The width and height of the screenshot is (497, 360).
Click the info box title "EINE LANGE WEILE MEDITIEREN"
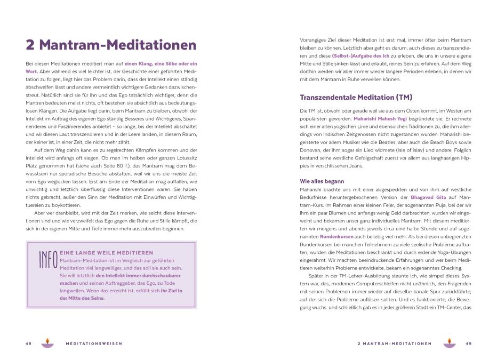[x=106, y=252]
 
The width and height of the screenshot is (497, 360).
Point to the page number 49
[x=468, y=343]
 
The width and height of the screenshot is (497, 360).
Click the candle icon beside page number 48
[x=47, y=342]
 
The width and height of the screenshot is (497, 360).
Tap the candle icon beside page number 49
[x=449, y=342]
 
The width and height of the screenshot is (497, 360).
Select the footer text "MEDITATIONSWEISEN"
[x=93, y=343]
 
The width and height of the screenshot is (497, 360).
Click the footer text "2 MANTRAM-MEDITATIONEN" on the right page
[x=394, y=343]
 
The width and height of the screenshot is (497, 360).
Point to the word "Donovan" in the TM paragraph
[x=310, y=151]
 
